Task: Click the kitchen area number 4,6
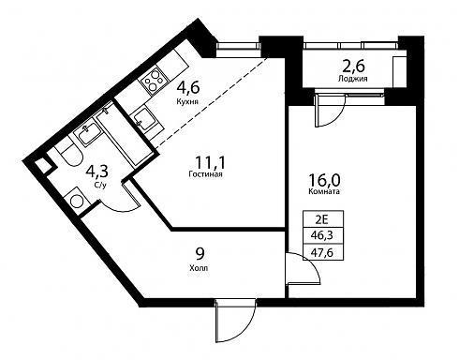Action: [x=188, y=88]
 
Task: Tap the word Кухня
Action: [x=187, y=101]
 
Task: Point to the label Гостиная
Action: [x=205, y=174]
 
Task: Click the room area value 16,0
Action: [x=324, y=180]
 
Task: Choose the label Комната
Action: [x=324, y=191]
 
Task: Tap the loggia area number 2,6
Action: [x=353, y=67]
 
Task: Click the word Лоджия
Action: [x=352, y=79]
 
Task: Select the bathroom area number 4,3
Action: [x=97, y=172]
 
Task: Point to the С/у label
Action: [x=100, y=185]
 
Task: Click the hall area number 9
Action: [x=200, y=254]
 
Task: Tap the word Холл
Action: [x=199, y=268]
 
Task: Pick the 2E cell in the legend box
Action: [x=323, y=219]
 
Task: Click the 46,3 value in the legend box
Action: [x=323, y=235]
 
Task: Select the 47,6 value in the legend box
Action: [x=323, y=252]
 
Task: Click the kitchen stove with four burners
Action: [x=153, y=81]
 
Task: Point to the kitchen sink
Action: [x=144, y=119]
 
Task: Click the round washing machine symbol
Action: [x=77, y=201]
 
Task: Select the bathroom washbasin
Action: [x=87, y=134]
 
